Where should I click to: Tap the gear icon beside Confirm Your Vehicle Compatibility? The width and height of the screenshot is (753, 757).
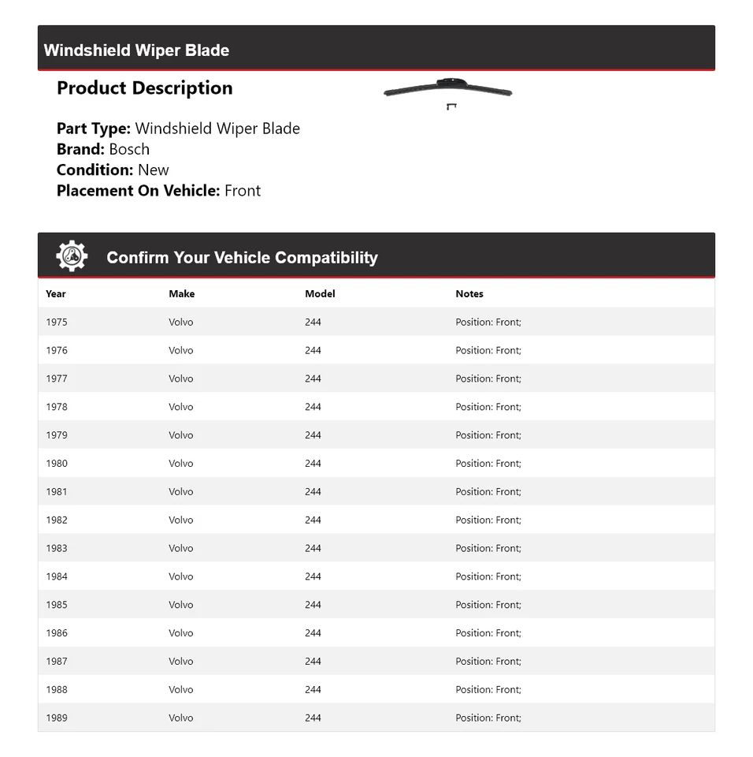point(72,256)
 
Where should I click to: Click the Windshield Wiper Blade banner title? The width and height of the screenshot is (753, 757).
point(136,50)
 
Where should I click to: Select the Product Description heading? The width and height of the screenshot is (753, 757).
point(144,88)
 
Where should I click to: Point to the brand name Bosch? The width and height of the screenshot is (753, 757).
point(129,149)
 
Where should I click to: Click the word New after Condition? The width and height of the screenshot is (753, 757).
point(153,170)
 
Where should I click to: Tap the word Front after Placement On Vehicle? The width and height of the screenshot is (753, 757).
point(243,190)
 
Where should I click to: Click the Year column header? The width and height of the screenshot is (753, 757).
point(56,293)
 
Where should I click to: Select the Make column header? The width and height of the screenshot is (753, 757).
point(181,293)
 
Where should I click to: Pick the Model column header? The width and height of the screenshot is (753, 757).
point(320,293)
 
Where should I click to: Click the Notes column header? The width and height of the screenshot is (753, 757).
point(469,293)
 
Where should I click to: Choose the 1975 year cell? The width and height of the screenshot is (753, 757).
point(57,322)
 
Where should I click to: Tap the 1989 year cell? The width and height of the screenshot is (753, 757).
point(57,718)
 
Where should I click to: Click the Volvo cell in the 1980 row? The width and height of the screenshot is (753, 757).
point(180,463)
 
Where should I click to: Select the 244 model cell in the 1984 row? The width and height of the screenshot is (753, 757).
point(313,576)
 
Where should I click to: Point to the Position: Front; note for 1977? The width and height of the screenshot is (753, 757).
point(488,378)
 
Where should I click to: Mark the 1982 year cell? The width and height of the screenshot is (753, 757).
point(57,520)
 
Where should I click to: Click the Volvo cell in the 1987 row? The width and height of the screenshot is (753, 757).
point(180,661)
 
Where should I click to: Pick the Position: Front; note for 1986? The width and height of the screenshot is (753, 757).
point(488,632)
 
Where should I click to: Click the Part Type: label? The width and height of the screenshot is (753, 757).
point(93,129)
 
